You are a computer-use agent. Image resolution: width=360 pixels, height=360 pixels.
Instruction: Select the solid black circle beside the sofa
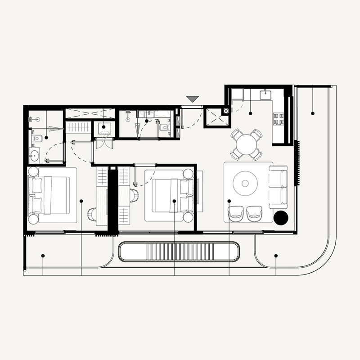281,218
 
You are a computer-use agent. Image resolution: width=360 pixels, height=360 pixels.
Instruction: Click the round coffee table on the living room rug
245,183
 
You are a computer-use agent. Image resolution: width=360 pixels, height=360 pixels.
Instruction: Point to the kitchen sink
265,94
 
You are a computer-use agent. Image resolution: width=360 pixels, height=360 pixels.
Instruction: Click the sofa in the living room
278,187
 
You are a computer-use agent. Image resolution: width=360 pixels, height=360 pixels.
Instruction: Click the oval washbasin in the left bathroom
34,156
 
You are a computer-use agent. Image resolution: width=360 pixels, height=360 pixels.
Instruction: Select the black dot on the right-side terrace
312,113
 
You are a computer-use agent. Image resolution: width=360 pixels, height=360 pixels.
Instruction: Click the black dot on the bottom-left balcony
43,256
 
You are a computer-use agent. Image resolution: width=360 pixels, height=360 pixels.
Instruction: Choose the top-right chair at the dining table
256,135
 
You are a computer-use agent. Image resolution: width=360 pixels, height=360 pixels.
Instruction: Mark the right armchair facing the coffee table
255,213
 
